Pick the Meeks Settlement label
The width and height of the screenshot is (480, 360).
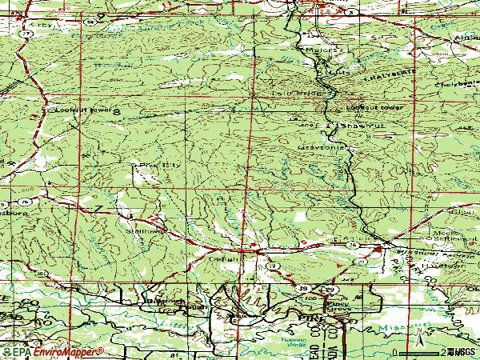point(445,234)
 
